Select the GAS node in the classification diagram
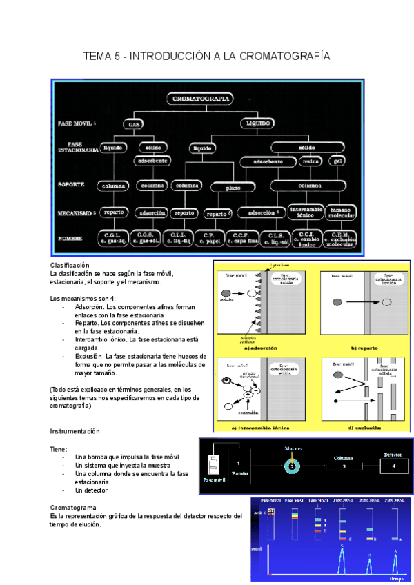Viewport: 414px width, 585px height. [x=132, y=125]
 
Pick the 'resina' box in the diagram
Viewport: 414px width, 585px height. [x=308, y=161]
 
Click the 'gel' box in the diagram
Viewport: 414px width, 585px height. [x=337, y=161]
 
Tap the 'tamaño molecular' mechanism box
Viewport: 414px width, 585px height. [x=339, y=212]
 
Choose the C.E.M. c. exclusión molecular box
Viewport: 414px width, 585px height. [x=339, y=239]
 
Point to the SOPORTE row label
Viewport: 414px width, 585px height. [x=73, y=185]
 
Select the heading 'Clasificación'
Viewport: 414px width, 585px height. [x=70, y=266]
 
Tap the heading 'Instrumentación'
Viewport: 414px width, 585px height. [x=75, y=431]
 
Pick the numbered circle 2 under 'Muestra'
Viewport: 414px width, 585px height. [x=291, y=466]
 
